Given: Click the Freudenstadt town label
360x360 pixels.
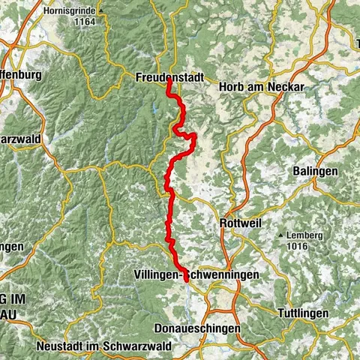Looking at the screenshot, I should coord(169,76).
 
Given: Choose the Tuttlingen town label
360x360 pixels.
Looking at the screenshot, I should coord(303,311).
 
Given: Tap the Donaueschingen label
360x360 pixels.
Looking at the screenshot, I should coord(196,328).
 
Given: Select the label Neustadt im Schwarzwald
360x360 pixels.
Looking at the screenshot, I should coord(103,346).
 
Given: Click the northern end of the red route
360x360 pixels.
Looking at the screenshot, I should coord(169,83).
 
